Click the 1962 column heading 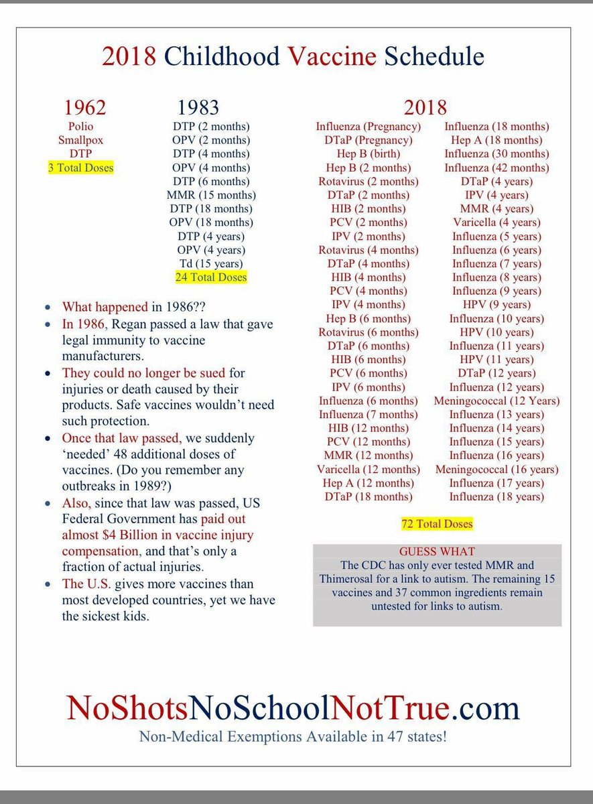[x=84, y=107]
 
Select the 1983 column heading [x=198, y=107]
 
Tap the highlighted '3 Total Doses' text [x=80, y=167]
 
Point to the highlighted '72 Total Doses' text [x=437, y=524]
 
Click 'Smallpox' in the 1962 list [x=80, y=140]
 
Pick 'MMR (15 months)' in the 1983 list [x=211, y=195]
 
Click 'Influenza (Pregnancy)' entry [x=369, y=127]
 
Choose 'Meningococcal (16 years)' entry [x=497, y=469]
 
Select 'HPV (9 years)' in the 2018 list [x=497, y=305]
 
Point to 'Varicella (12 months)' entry [x=369, y=469]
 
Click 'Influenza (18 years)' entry [x=497, y=496]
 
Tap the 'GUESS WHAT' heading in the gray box [x=437, y=551]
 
